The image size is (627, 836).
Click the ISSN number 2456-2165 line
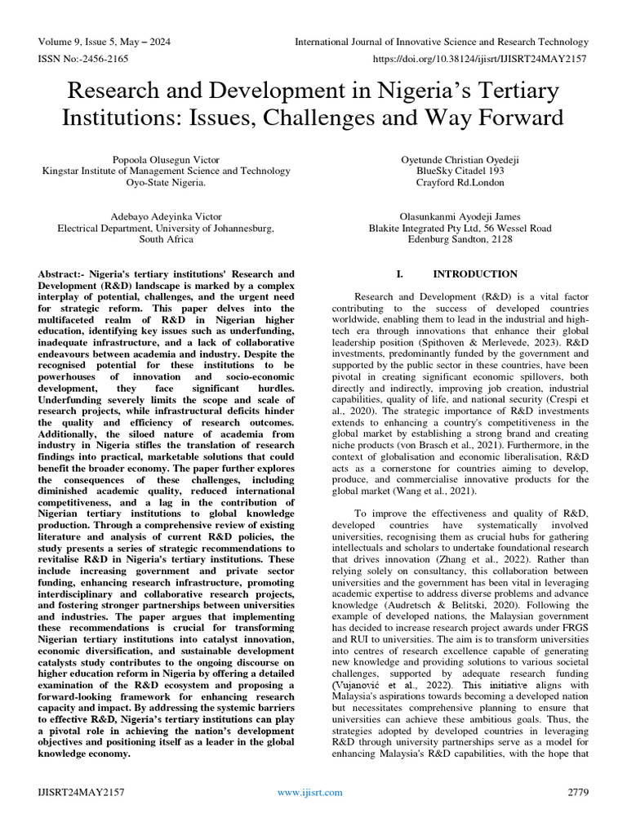click(x=83, y=60)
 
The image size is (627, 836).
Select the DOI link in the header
click(x=480, y=60)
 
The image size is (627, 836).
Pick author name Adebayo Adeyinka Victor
click(x=166, y=216)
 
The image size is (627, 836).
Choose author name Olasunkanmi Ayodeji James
click(x=460, y=216)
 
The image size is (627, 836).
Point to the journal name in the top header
click(x=441, y=42)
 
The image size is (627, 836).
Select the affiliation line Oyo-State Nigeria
click(x=166, y=182)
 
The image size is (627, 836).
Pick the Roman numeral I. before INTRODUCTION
click(x=399, y=274)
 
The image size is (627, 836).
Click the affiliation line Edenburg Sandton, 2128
click(x=460, y=240)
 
